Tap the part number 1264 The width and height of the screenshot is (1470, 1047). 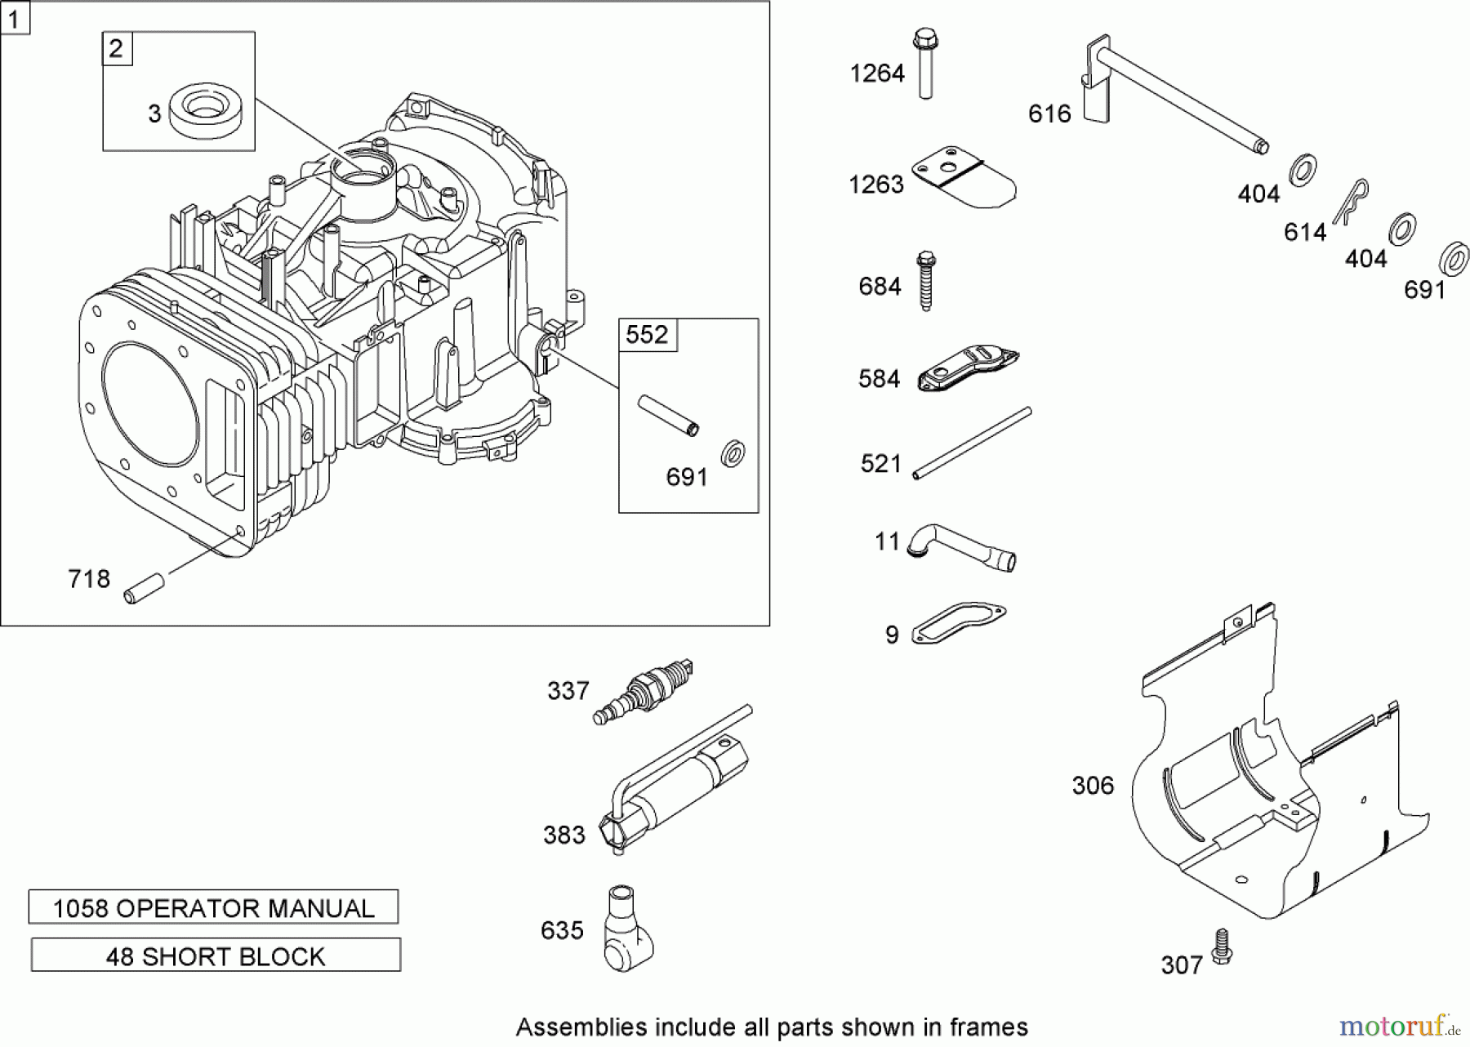[x=877, y=74]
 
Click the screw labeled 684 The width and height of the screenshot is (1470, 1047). [x=924, y=280]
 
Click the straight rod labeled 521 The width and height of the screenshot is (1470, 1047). [x=972, y=443]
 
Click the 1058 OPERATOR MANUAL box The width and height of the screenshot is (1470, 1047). [x=213, y=907]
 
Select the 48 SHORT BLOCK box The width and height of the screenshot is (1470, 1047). [x=216, y=956]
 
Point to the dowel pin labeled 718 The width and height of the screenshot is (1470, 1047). [x=145, y=589]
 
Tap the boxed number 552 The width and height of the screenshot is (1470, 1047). [x=647, y=335]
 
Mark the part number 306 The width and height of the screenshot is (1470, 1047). [x=1093, y=786]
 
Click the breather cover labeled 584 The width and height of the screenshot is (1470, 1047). [x=968, y=371]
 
